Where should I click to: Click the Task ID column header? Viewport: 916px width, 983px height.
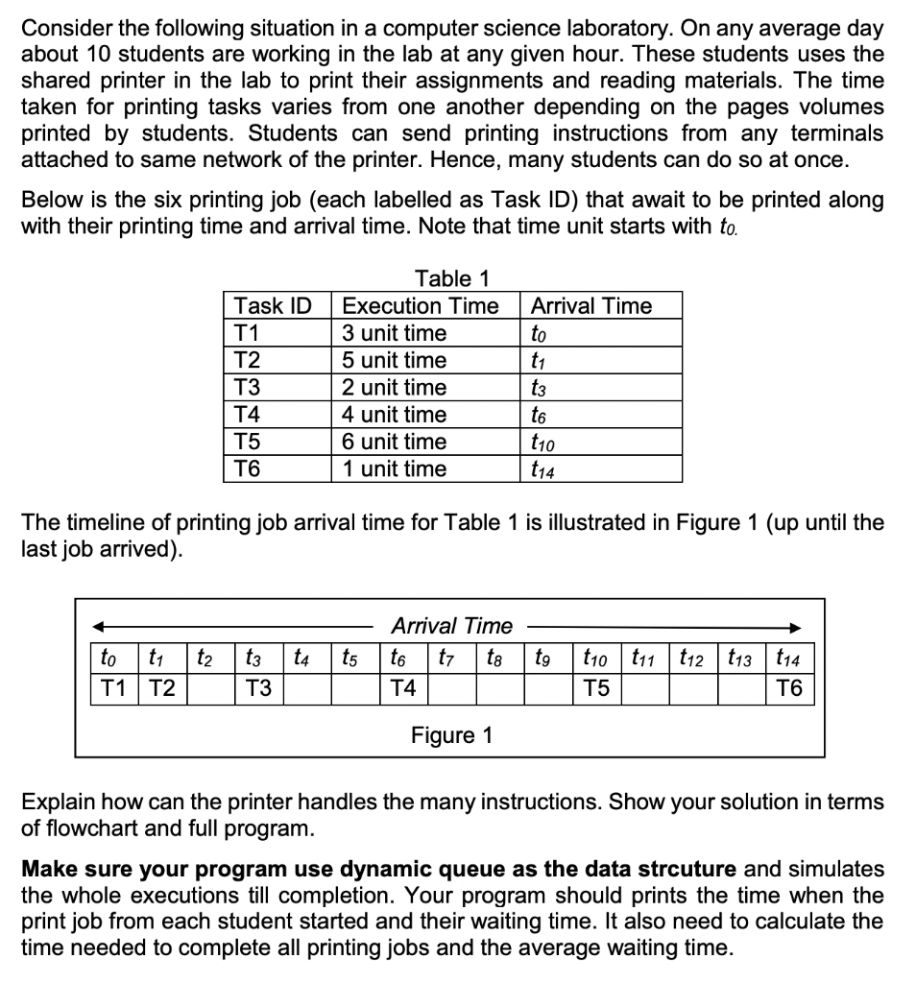pyautogui.click(x=274, y=306)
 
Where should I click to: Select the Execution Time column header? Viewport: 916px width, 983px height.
pyautogui.click(x=421, y=306)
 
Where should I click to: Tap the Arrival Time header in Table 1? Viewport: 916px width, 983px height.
pyautogui.click(x=591, y=306)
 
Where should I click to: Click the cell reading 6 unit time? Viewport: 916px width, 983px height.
pyautogui.click(x=395, y=442)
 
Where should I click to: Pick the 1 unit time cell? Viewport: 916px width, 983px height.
pyautogui.click(x=395, y=468)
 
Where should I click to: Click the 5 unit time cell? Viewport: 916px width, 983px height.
pyautogui.click(x=395, y=360)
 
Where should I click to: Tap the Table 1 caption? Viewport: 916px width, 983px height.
pyautogui.click(x=452, y=279)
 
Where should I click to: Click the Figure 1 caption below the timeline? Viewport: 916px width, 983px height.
pyautogui.click(x=451, y=735)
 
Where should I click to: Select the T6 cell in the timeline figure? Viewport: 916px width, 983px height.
pyautogui.click(x=792, y=688)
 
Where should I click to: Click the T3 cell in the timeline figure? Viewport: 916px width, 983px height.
pyautogui.click(x=256, y=688)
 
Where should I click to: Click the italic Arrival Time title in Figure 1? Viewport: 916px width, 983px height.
pyautogui.click(x=451, y=626)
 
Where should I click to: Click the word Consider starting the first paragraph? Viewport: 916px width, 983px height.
pyautogui.click(x=63, y=29)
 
